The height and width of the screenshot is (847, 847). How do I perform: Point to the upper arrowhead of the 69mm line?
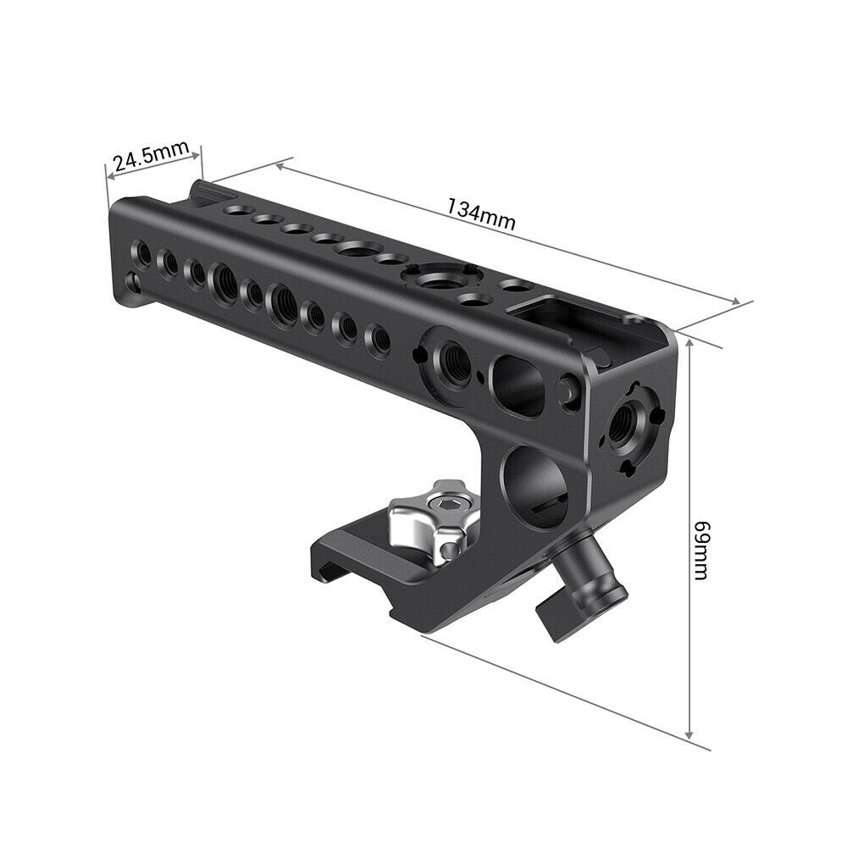692,341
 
